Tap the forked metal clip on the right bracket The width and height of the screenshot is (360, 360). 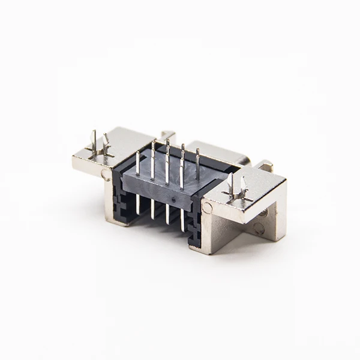coord(236,188)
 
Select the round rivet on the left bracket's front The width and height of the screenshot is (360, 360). coord(106,175)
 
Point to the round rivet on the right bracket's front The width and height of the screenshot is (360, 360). coord(207,208)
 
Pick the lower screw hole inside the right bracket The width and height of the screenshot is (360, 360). coord(259,228)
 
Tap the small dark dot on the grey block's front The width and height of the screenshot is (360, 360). coord(173,196)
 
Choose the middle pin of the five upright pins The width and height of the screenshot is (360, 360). coord(167,157)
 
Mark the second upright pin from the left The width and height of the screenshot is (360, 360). coord(153,160)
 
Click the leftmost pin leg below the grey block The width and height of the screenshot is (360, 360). coord(137,204)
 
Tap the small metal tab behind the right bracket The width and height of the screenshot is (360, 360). coord(265,164)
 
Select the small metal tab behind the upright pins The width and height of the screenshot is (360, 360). coord(168,136)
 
